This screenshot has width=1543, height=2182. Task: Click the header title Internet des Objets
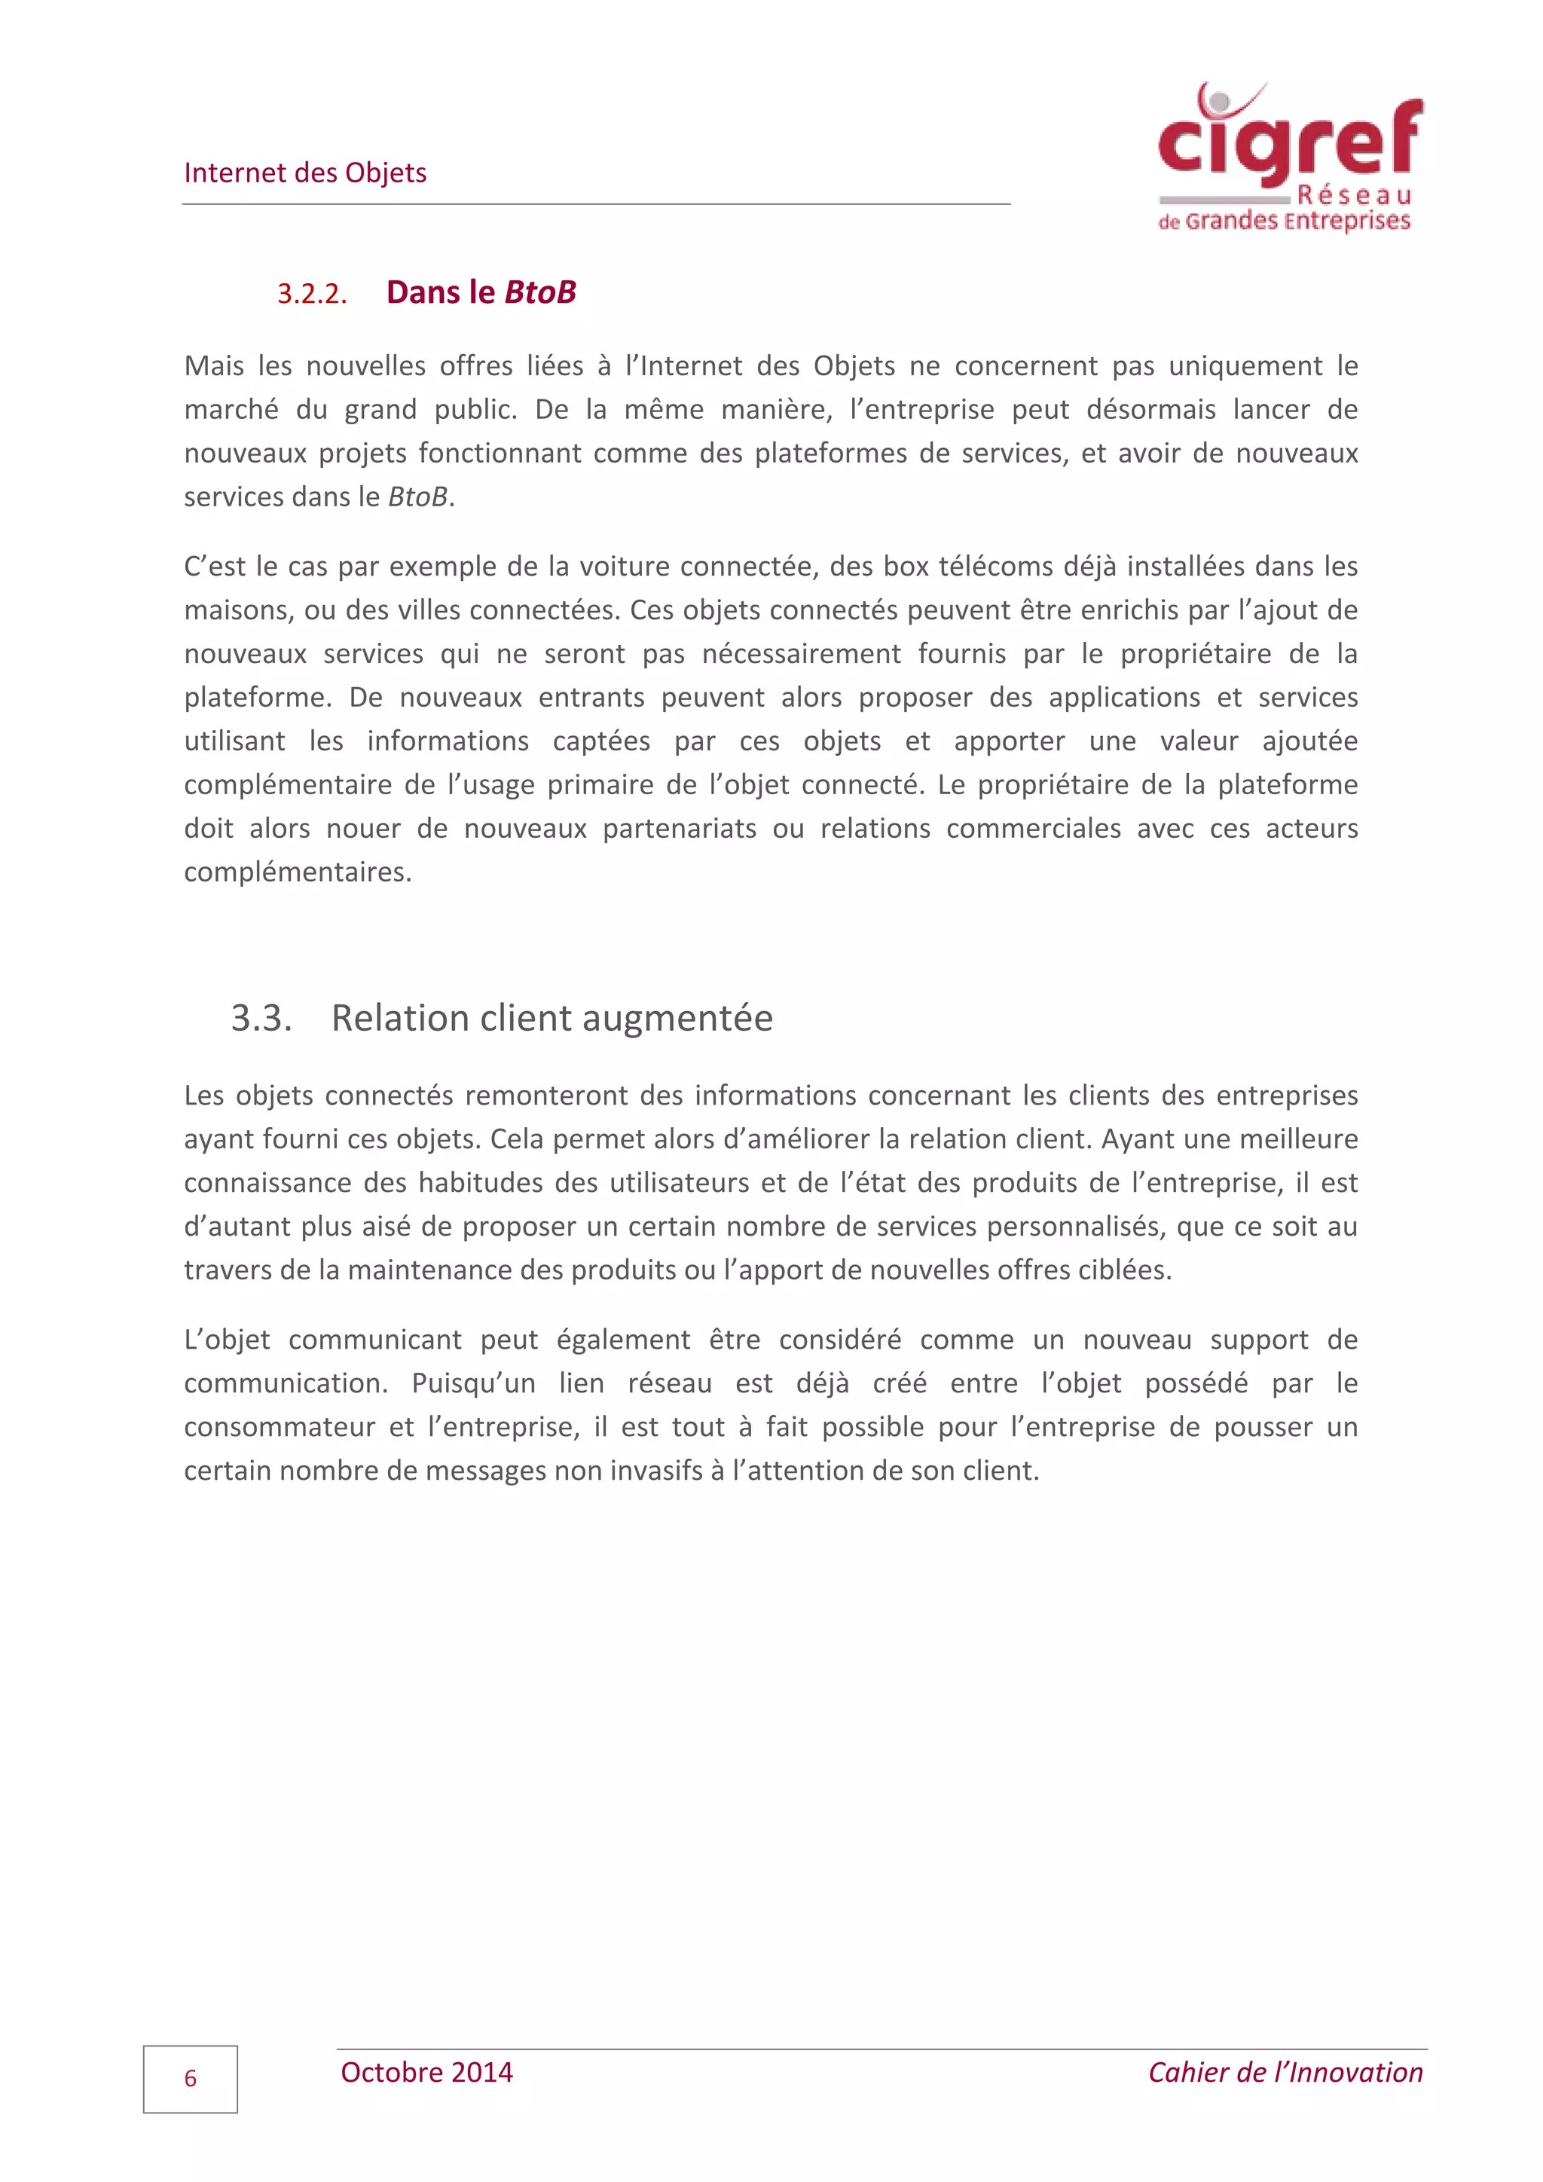305,173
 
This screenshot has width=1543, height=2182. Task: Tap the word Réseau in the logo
1354,196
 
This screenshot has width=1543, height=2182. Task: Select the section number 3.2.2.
312,294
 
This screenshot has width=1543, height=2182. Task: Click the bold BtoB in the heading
539,292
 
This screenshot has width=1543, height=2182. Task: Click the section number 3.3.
261,1019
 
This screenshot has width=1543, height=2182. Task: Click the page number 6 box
190,2080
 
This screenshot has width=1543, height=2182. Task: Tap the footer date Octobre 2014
426,2073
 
